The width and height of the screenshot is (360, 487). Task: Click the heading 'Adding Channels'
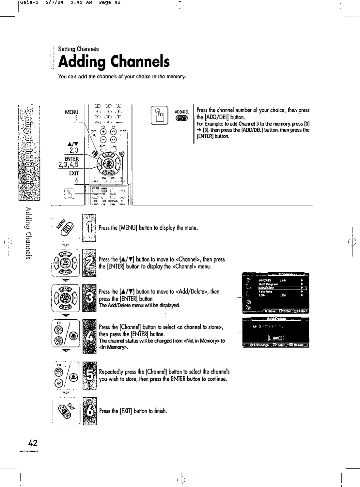[x=114, y=62]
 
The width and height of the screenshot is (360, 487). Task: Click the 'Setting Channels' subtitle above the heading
[x=78, y=49]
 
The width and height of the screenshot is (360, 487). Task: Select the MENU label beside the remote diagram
[x=71, y=112]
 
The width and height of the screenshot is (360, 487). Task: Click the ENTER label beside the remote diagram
[x=71, y=159]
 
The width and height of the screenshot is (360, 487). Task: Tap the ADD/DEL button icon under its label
[x=180, y=119]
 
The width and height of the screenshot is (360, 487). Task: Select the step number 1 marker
[x=89, y=228]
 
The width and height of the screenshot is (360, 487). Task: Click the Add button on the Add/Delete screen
[x=275, y=337]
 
